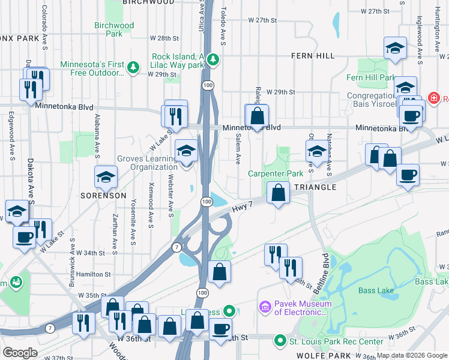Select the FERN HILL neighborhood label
coord(312,56)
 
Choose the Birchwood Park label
coord(114,29)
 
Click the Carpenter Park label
coord(276,174)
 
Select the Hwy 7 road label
coord(241,208)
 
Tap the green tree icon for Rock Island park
coord(212,59)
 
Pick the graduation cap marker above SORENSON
coord(106,176)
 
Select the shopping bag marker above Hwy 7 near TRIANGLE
coord(278,193)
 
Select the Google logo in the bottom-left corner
coord(20,352)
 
